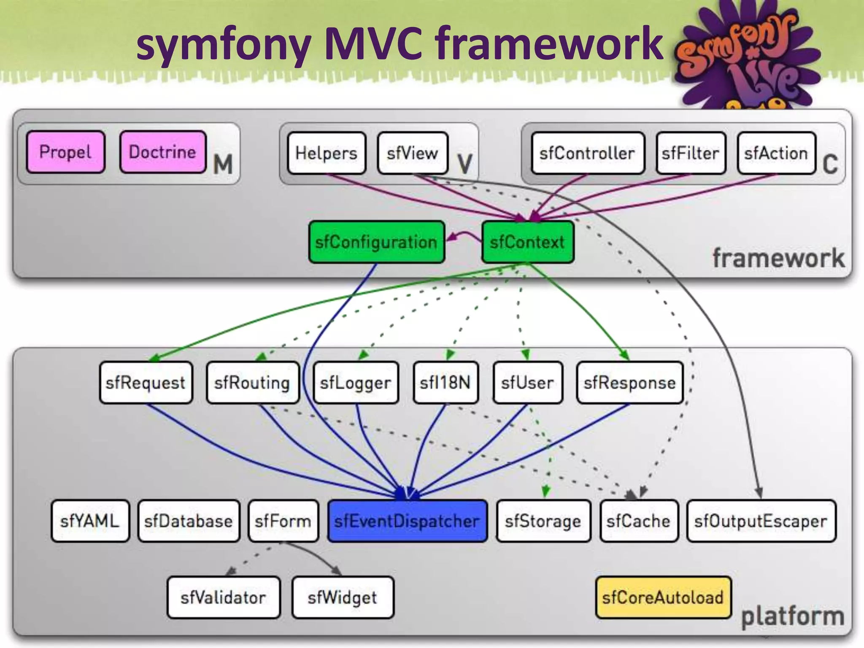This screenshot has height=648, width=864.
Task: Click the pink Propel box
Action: (65, 152)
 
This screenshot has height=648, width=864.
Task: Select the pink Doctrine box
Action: (163, 152)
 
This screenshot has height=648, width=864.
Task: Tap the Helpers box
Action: (326, 153)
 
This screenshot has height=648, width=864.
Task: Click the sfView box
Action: (413, 153)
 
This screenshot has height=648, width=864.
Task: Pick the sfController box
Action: (588, 153)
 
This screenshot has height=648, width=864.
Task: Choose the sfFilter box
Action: (691, 153)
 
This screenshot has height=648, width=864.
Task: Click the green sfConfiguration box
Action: (376, 242)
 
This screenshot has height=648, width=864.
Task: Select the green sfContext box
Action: (527, 242)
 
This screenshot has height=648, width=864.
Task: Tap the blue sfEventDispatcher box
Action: (407, 521)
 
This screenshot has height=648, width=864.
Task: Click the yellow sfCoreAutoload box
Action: (663, 597)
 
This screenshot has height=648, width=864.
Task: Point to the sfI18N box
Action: (445, 383)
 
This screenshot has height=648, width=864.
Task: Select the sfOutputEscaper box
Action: (761, 521)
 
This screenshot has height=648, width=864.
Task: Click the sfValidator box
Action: (224, 597)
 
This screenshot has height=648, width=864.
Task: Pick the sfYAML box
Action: (90, 521)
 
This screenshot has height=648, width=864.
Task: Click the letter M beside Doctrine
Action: (223, 164)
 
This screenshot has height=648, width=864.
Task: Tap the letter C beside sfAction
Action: (830, 164)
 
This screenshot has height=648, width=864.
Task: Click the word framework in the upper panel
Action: (778, 258)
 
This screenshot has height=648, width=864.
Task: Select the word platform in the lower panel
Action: (793, 616)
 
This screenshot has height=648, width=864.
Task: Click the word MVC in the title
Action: (373, 43)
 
